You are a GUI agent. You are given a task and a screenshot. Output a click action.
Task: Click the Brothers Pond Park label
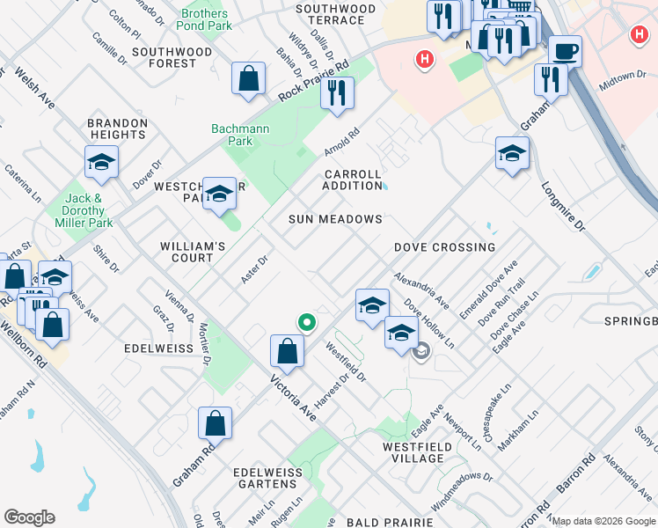[204, 20]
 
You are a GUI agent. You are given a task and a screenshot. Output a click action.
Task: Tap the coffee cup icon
[564, 51]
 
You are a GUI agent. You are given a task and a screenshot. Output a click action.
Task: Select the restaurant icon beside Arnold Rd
[336, 92]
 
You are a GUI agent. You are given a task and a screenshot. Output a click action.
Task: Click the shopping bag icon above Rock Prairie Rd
[249, 78]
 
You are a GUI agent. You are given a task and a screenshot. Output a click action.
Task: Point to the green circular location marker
[306, 323]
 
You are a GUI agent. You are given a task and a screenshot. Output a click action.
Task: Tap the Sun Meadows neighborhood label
[336, 219]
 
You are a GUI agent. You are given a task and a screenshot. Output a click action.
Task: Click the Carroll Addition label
[352, 180]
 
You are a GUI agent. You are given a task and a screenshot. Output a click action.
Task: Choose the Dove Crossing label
[444, 247]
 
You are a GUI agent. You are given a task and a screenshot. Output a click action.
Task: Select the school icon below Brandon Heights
[101, 162]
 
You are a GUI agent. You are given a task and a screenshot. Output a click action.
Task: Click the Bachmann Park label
[239, 135]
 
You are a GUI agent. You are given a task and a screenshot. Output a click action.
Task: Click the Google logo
[29, 517]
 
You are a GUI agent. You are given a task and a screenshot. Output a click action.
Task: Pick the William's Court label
[186, 252]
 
